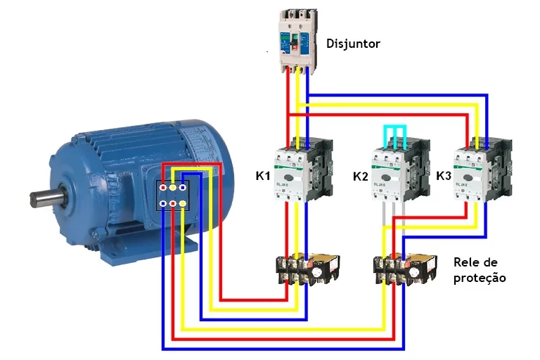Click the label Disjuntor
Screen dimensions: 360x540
pyautogui.click(x=353, y=44)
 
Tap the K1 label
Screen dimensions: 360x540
pyautogui.click(x=263, y=175)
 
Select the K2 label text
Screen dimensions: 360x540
pyautogui.click(x=360, y=176)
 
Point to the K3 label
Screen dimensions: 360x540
pyautogui.click(x=444, y=175)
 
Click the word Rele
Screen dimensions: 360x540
pyautogui.click(x=467, y=262)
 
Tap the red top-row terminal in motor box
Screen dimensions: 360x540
pyautogui.click(x=163, y=188)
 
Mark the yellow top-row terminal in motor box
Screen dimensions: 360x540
pyautogui.click(x=173, y=188)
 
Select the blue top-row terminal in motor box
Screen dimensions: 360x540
pyautogui.click(x=183, y=188)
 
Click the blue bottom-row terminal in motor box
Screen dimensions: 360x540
pyautogui.click(x=163, y=204)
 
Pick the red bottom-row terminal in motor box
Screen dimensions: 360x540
pyautogui.click(x=173, y=204)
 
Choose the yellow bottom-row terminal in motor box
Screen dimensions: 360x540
pyautogui.click(x=183, y=204)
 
